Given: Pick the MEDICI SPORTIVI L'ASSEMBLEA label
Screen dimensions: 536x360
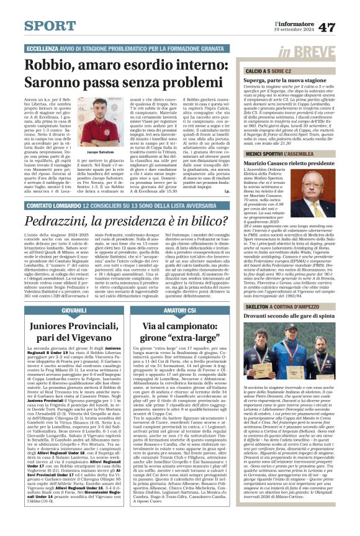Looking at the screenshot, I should [280, 153].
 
